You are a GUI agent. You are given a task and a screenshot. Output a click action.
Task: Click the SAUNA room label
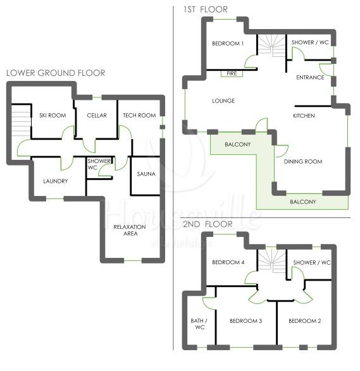[146, 174]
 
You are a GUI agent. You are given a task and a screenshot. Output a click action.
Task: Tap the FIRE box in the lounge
[232, 73]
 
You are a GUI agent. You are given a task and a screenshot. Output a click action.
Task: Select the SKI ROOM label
[53, 116]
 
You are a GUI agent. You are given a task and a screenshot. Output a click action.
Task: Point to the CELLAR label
[97, 116]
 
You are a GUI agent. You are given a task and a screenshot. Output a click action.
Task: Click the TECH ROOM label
[139, 116]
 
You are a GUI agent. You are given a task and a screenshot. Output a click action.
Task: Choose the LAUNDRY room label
[56, 181]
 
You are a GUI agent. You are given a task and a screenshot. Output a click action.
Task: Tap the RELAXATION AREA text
[130, 230]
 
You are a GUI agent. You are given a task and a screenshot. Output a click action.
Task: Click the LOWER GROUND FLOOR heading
[56, 73]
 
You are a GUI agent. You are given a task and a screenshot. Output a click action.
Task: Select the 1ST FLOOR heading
[206, 9]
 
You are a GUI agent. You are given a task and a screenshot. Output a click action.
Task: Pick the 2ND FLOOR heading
[208, 224]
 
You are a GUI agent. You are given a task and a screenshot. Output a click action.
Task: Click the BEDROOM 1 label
[228, 44]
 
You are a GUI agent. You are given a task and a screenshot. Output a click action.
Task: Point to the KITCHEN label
[304, 116]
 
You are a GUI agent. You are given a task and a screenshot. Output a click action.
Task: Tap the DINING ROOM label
[303, 162]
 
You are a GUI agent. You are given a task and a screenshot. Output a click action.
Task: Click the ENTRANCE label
[310, 77]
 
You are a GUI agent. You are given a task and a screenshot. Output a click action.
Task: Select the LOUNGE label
[223, 100]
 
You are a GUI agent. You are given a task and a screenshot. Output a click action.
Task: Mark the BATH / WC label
[199, 324]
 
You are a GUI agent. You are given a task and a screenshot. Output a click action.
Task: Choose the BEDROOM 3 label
[245, 321]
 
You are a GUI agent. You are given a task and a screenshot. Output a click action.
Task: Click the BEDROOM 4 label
[228, 262]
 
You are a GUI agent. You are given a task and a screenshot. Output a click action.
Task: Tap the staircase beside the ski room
[22, 121]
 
